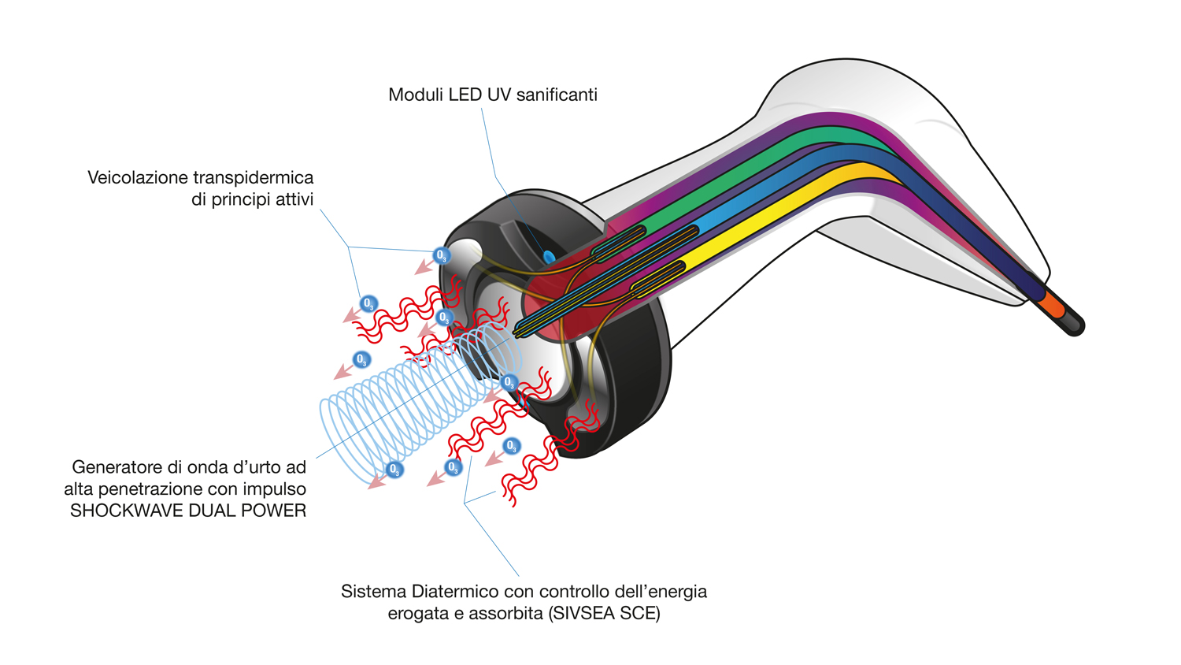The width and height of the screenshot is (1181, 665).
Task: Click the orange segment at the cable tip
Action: point(1051,303)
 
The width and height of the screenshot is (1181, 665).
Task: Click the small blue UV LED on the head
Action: point(549,257)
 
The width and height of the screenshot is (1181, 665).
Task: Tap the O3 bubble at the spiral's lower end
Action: point(395,470)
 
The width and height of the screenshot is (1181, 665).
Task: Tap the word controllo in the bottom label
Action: point(563,592)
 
